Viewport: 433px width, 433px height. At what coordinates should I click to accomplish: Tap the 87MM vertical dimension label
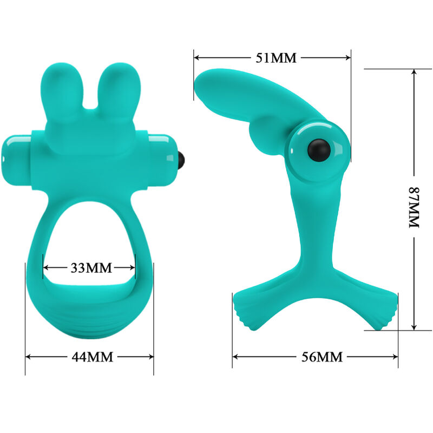click(414, 208)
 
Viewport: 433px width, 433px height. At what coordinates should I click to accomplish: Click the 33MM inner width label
click(90, 267)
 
